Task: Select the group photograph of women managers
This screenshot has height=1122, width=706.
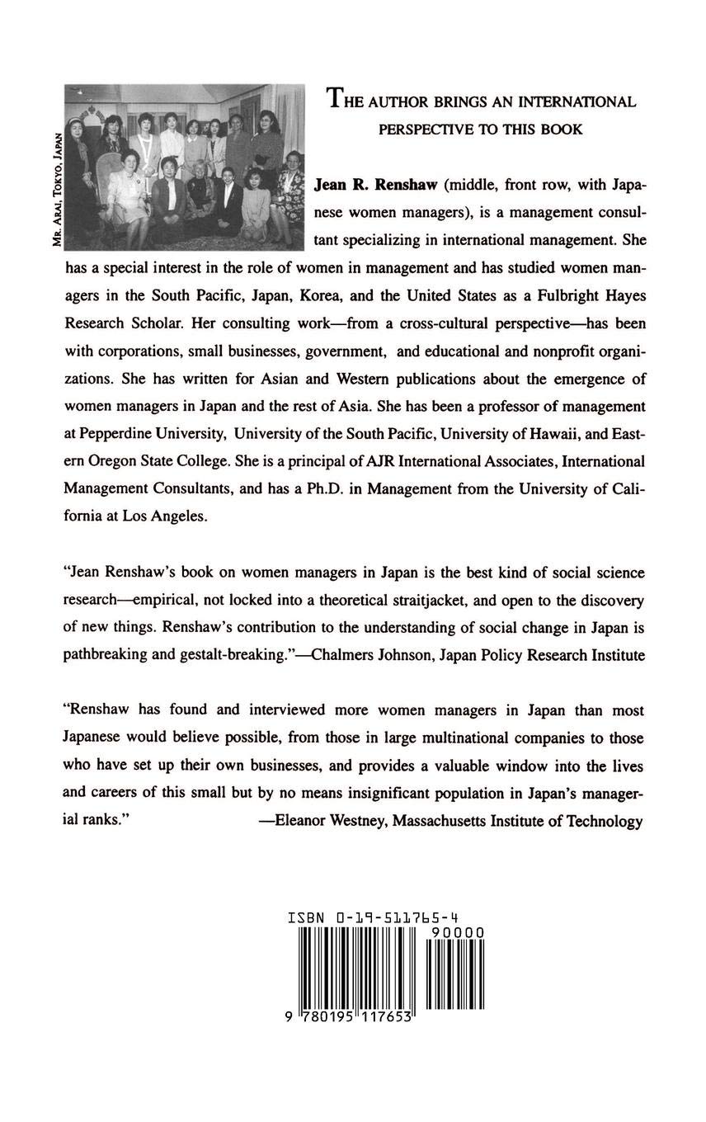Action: click(x=183, y=167)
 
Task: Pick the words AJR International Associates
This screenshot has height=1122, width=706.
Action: click(x=409, y=460)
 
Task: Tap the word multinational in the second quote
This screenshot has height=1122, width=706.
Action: click(x=474, y=738)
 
